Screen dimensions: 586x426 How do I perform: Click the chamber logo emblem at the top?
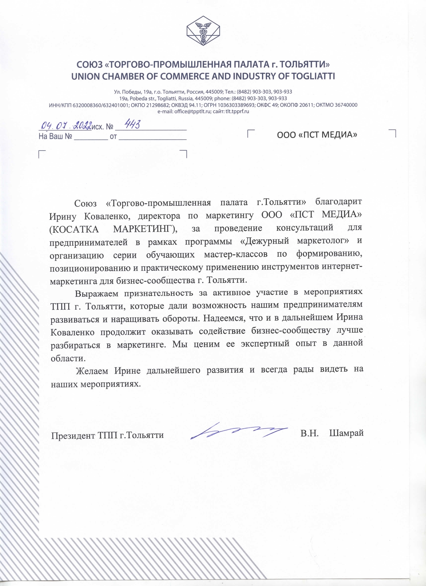click(x=203, y=31)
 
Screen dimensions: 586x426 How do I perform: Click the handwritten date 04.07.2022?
click(x=65, y=126)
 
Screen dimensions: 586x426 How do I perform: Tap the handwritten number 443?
click(x=132, y=125)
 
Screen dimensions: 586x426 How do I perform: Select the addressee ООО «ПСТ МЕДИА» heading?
click(x=317, y=135)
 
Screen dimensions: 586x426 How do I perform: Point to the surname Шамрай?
click(x=346, y=433)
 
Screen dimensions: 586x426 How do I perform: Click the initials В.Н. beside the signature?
click(x=309, y=433)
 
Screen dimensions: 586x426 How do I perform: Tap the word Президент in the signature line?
click(x=73, y=436)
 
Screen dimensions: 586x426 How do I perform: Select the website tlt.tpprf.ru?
click(x=237, y=112)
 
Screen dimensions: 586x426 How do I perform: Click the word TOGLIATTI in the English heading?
click(x=313, y=76)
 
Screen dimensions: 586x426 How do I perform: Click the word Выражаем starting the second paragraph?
click(x=97, y=294)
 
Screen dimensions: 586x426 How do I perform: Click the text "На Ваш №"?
click(x=55, y=137)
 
